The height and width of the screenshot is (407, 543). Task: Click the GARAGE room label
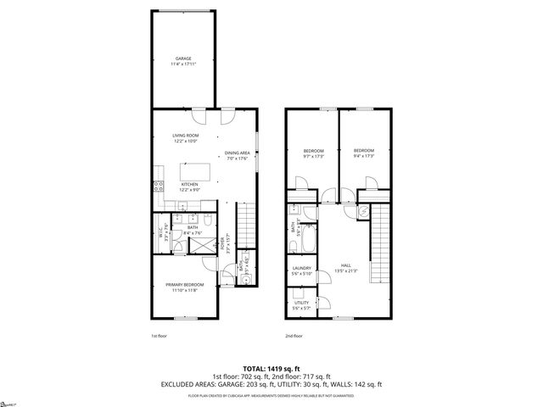pyautogui.click(x=183, y=61)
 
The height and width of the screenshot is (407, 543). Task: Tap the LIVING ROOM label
pyautogui.click(x=185, y=137)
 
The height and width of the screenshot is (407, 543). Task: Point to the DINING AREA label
pyautogui.click(x=237, y=155)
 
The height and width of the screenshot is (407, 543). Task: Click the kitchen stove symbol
pyautogui.click(x=158, y=187)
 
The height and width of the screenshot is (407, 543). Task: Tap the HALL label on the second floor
pyautogui.click(x=346, y=267)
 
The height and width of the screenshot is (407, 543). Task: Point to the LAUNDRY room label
pyautogui.click(x=303, y=271)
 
